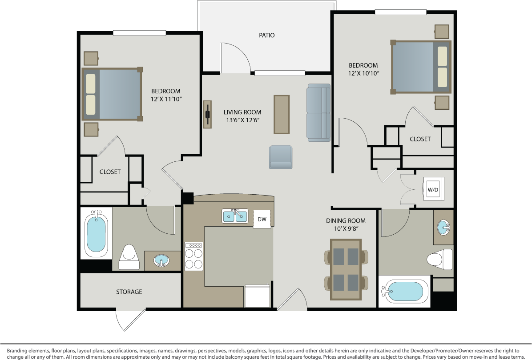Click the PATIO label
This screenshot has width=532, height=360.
pos(266,35)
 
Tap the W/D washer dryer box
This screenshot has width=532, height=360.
pos(433,189)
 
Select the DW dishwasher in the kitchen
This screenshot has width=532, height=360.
pos(262,219)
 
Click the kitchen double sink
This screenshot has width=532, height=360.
pos(235,216)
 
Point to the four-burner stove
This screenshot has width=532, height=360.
pos(193,256)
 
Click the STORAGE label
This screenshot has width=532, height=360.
pos(129,292)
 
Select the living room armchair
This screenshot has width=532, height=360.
pos(281,157)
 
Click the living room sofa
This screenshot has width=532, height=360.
pos(318,112)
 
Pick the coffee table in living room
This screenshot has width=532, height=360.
pos(281,114)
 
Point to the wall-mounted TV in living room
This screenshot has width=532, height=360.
pos(207,114)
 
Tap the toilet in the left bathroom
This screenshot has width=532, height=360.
pos(130,257)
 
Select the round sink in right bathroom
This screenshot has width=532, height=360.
pos(443,228)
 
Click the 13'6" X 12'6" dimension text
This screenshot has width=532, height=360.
pos(242,120)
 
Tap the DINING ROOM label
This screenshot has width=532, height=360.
pos(346,220)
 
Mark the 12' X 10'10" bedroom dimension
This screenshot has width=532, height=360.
pos(363,73)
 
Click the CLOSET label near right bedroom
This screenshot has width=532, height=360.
pos(420,139)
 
